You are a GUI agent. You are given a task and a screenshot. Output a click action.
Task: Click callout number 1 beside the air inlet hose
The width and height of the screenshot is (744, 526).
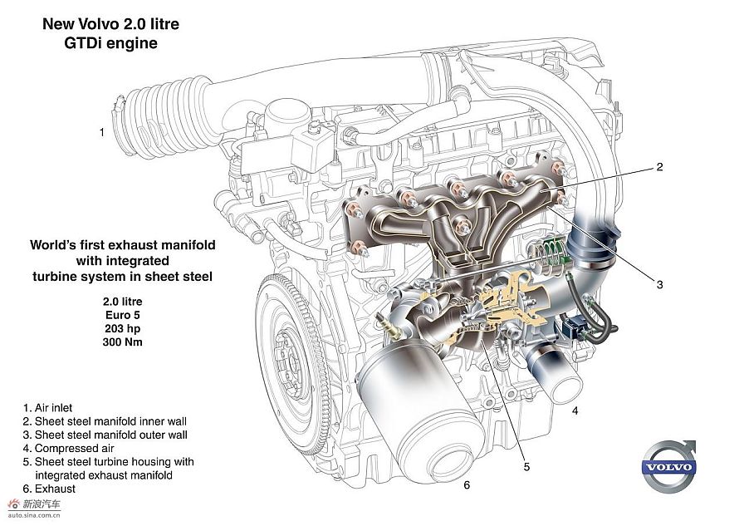pyautogui.click(x=101, y=132)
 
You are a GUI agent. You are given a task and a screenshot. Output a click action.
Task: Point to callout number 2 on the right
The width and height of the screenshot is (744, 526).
pyautogui.click(x=659, y=167)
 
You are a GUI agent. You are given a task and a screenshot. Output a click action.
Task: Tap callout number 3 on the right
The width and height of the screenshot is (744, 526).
pyautogui.click(x=659, y=284)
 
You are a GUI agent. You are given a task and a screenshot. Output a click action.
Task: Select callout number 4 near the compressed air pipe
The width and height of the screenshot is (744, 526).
pyautogui.click(x=575, y=410)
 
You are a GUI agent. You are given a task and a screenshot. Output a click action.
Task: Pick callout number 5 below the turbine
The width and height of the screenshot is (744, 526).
pyautogui.click(x=526, y=467)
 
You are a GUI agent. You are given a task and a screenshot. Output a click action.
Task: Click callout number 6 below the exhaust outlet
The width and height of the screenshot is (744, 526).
pyautogui.click(x=467, y=484)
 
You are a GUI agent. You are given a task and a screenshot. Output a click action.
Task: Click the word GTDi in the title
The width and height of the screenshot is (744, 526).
pyautogui.click(x=83, y=43)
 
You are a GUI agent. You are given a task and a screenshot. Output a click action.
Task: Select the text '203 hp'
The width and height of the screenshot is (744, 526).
pyautogui.click(x=122, y=328)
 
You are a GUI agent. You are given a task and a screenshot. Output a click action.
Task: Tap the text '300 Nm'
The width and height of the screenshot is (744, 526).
pyautogui.click(x=122, y=342)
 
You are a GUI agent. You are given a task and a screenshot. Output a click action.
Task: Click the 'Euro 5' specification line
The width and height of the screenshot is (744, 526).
pyautogui.click(x=122, y=315)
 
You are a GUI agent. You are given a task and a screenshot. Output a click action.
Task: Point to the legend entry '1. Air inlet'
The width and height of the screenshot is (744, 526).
pyautogui.click(x=47, y=408)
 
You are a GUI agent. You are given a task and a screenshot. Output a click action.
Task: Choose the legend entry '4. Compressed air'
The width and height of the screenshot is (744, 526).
pyautogui.click(x=68, y=448)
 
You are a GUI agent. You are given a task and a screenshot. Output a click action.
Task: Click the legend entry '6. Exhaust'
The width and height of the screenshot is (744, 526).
pyautogui.click(x=49, y=489)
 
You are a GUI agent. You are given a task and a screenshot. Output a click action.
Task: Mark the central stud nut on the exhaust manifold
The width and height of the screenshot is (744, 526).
pyautogui.click(x=463, y=228)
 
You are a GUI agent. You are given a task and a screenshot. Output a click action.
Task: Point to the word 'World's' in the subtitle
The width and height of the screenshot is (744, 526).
pyautogui.click(x=48, y=245)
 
